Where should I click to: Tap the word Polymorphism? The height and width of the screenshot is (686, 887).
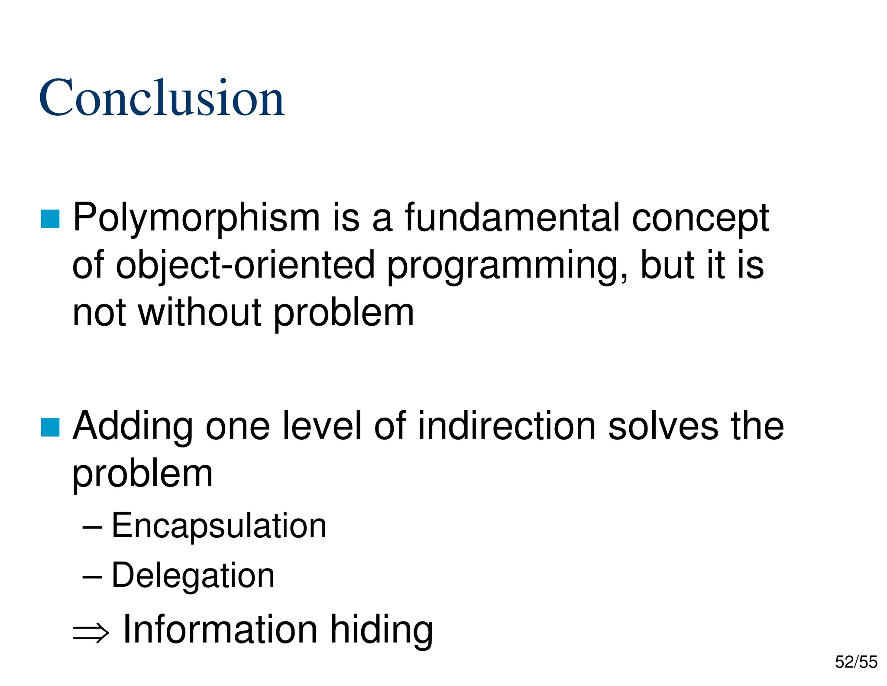[196, 218]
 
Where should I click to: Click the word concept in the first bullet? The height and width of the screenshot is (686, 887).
[700, 219]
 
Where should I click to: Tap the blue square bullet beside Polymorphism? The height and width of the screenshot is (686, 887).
[50, 219]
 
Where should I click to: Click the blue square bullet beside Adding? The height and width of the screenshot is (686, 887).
[50, 427]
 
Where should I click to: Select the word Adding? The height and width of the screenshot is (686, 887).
[133, 427]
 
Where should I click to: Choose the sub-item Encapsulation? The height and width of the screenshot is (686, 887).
[219, 526]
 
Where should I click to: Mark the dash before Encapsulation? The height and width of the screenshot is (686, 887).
[92, 527]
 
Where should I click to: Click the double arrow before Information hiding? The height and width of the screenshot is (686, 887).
[91, 633]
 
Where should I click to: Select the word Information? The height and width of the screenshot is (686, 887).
[220, 630]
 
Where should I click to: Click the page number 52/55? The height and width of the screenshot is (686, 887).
[856, 662]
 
